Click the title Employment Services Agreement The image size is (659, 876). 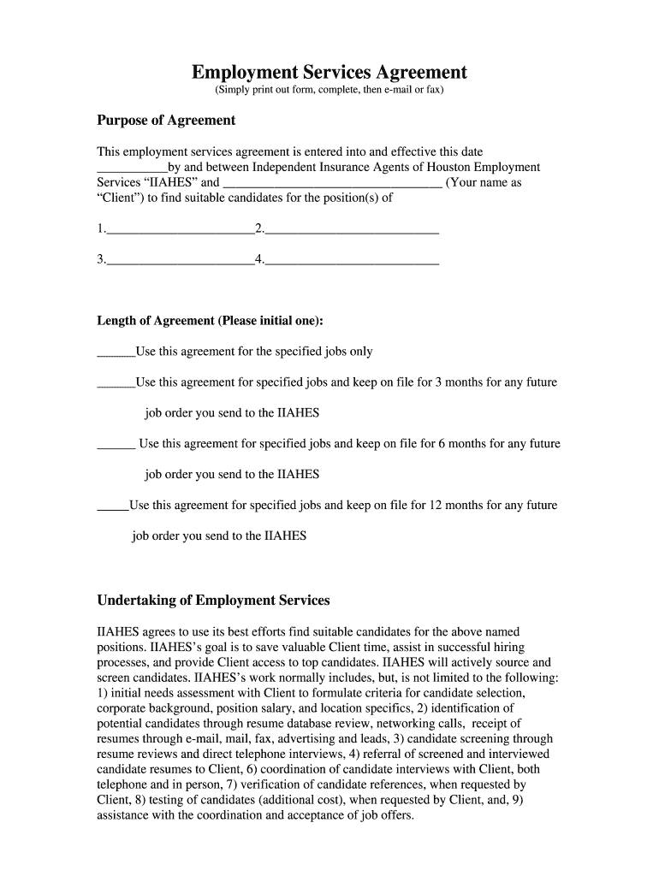[x=329, y=72]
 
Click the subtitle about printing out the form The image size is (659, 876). [x=329, y=90]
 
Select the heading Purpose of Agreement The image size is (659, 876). [x=166, y=120]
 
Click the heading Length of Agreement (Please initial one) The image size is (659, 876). [x=211, y=321]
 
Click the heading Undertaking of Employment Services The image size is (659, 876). [x=213, y=601]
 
